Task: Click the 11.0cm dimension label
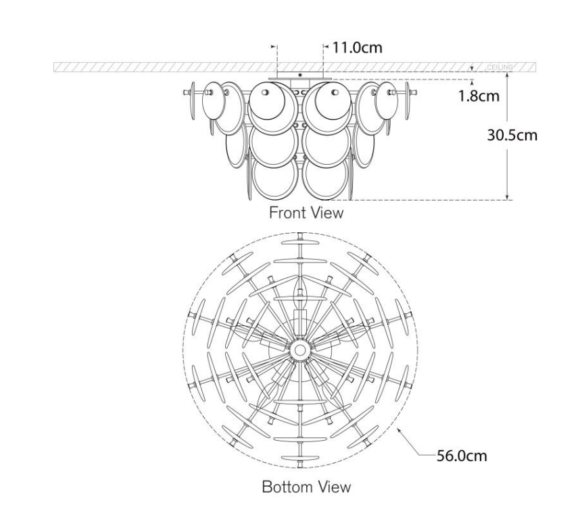358,48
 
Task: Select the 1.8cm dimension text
479,96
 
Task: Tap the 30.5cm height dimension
512,135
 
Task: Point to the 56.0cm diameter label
462,456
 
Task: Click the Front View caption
306,213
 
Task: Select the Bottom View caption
306,487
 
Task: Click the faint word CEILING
500,67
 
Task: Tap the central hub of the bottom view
300,350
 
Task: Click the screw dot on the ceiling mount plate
300,75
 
